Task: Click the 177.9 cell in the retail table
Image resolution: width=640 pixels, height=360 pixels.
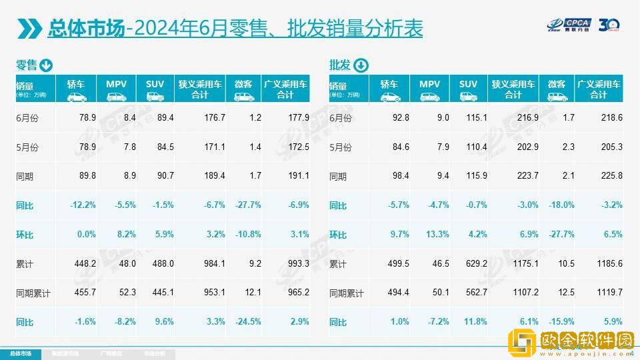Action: point(298,118)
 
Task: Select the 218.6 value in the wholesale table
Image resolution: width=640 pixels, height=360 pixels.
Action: point(611,118)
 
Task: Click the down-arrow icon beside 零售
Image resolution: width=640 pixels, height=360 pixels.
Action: point(46,65)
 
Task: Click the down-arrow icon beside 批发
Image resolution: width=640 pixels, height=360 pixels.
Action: point(360,65)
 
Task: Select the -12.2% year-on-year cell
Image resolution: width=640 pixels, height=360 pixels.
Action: point(83,205)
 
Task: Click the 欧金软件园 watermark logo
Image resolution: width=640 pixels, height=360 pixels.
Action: point(570,343)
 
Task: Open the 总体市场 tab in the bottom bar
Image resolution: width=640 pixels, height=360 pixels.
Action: point(19,353)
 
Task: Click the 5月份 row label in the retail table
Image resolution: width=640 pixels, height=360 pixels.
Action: point(27,147)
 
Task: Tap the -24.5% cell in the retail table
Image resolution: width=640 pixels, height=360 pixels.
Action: point(247,323)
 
